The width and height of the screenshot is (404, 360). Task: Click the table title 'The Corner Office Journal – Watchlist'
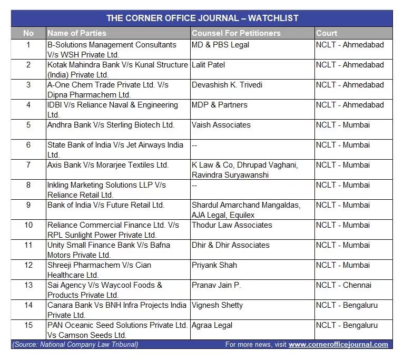[202, 18]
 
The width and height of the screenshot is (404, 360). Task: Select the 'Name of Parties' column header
[76, 33]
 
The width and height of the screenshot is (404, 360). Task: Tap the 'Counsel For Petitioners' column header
[236, 33]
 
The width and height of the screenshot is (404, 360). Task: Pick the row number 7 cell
[28, 165]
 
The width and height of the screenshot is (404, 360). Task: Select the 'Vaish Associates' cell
[221, 125]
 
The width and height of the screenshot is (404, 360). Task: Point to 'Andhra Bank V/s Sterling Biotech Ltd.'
[111, 125]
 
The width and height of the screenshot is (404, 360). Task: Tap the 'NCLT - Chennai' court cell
[343, 285]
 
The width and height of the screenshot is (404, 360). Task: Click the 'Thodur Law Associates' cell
[232, 225]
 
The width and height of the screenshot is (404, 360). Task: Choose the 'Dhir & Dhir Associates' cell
[231, 245]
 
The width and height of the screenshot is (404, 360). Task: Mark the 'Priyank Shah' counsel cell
[214, 265]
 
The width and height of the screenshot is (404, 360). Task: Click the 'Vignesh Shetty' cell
[217, 305]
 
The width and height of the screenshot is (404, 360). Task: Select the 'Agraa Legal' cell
[212, 325]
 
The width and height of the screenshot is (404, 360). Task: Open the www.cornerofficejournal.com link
[338, 345]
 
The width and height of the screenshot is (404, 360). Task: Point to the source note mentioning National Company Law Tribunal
[75, 345]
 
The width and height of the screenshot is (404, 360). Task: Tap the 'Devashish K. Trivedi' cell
[227, 85]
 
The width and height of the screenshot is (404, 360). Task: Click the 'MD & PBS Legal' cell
[220, 45]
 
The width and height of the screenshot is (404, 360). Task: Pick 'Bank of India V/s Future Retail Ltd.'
[106, 205]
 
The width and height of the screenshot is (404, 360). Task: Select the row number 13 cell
[28, 285]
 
